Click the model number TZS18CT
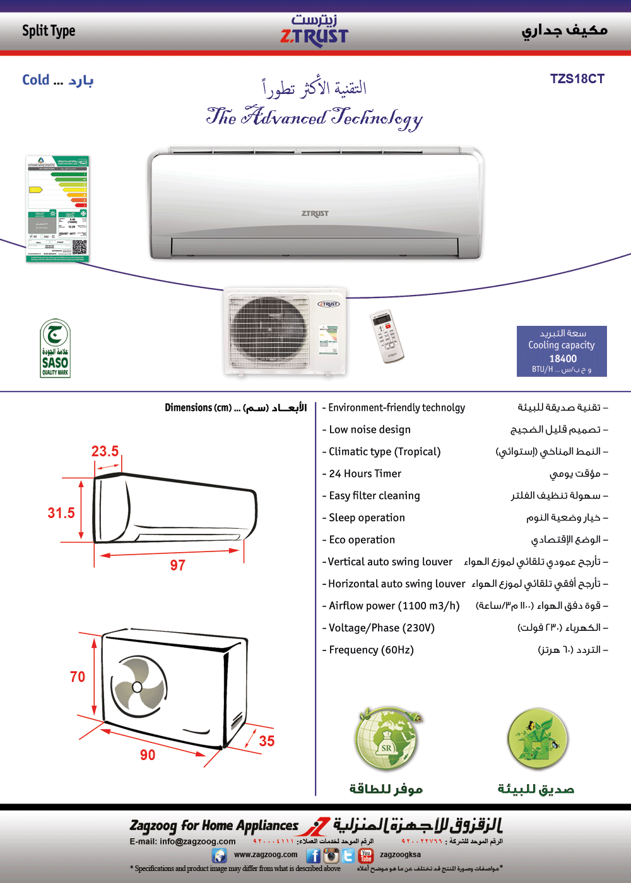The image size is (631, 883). click(x=577, y=79)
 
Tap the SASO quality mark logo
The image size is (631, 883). click(x=55, y=349)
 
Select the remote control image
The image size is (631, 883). click(x=386, y=336)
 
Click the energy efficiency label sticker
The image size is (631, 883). click(x=58, y=209)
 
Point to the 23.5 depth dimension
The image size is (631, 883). click(x=105, y=451)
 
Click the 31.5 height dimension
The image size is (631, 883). click(x=61, y=513)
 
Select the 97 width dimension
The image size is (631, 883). click(x=177, y=565)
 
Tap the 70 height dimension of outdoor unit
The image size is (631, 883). click(x=78, y=677)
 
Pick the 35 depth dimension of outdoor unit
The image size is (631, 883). click(x=267, y=741)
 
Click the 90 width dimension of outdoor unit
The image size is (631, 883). click(x=148, y=755)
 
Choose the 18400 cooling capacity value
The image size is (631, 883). click(x=563, y=359)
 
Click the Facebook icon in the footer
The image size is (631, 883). click(x=313, y=855)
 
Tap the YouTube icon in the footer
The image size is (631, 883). click(x=366, y=855)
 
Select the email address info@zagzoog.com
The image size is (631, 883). click(x=198, y=841)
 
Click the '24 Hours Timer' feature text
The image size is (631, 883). click(x=365, y=474)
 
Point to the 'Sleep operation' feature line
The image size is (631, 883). click(x=367, y=518)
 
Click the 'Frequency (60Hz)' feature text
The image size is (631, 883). click(x=371, y=650)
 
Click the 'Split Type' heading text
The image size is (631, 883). click(x=49, y=31)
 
